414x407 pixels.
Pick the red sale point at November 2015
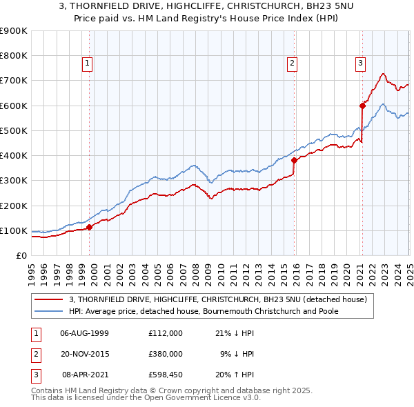point(294,160)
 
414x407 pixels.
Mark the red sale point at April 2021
point(362,106)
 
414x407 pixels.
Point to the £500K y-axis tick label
point(14,130)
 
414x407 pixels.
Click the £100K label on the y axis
point(14,230)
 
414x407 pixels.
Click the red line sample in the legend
point(49,299)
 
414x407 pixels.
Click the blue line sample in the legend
point(49,311)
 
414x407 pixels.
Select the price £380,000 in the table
point(166,354)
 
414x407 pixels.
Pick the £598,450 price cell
point(166,375)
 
